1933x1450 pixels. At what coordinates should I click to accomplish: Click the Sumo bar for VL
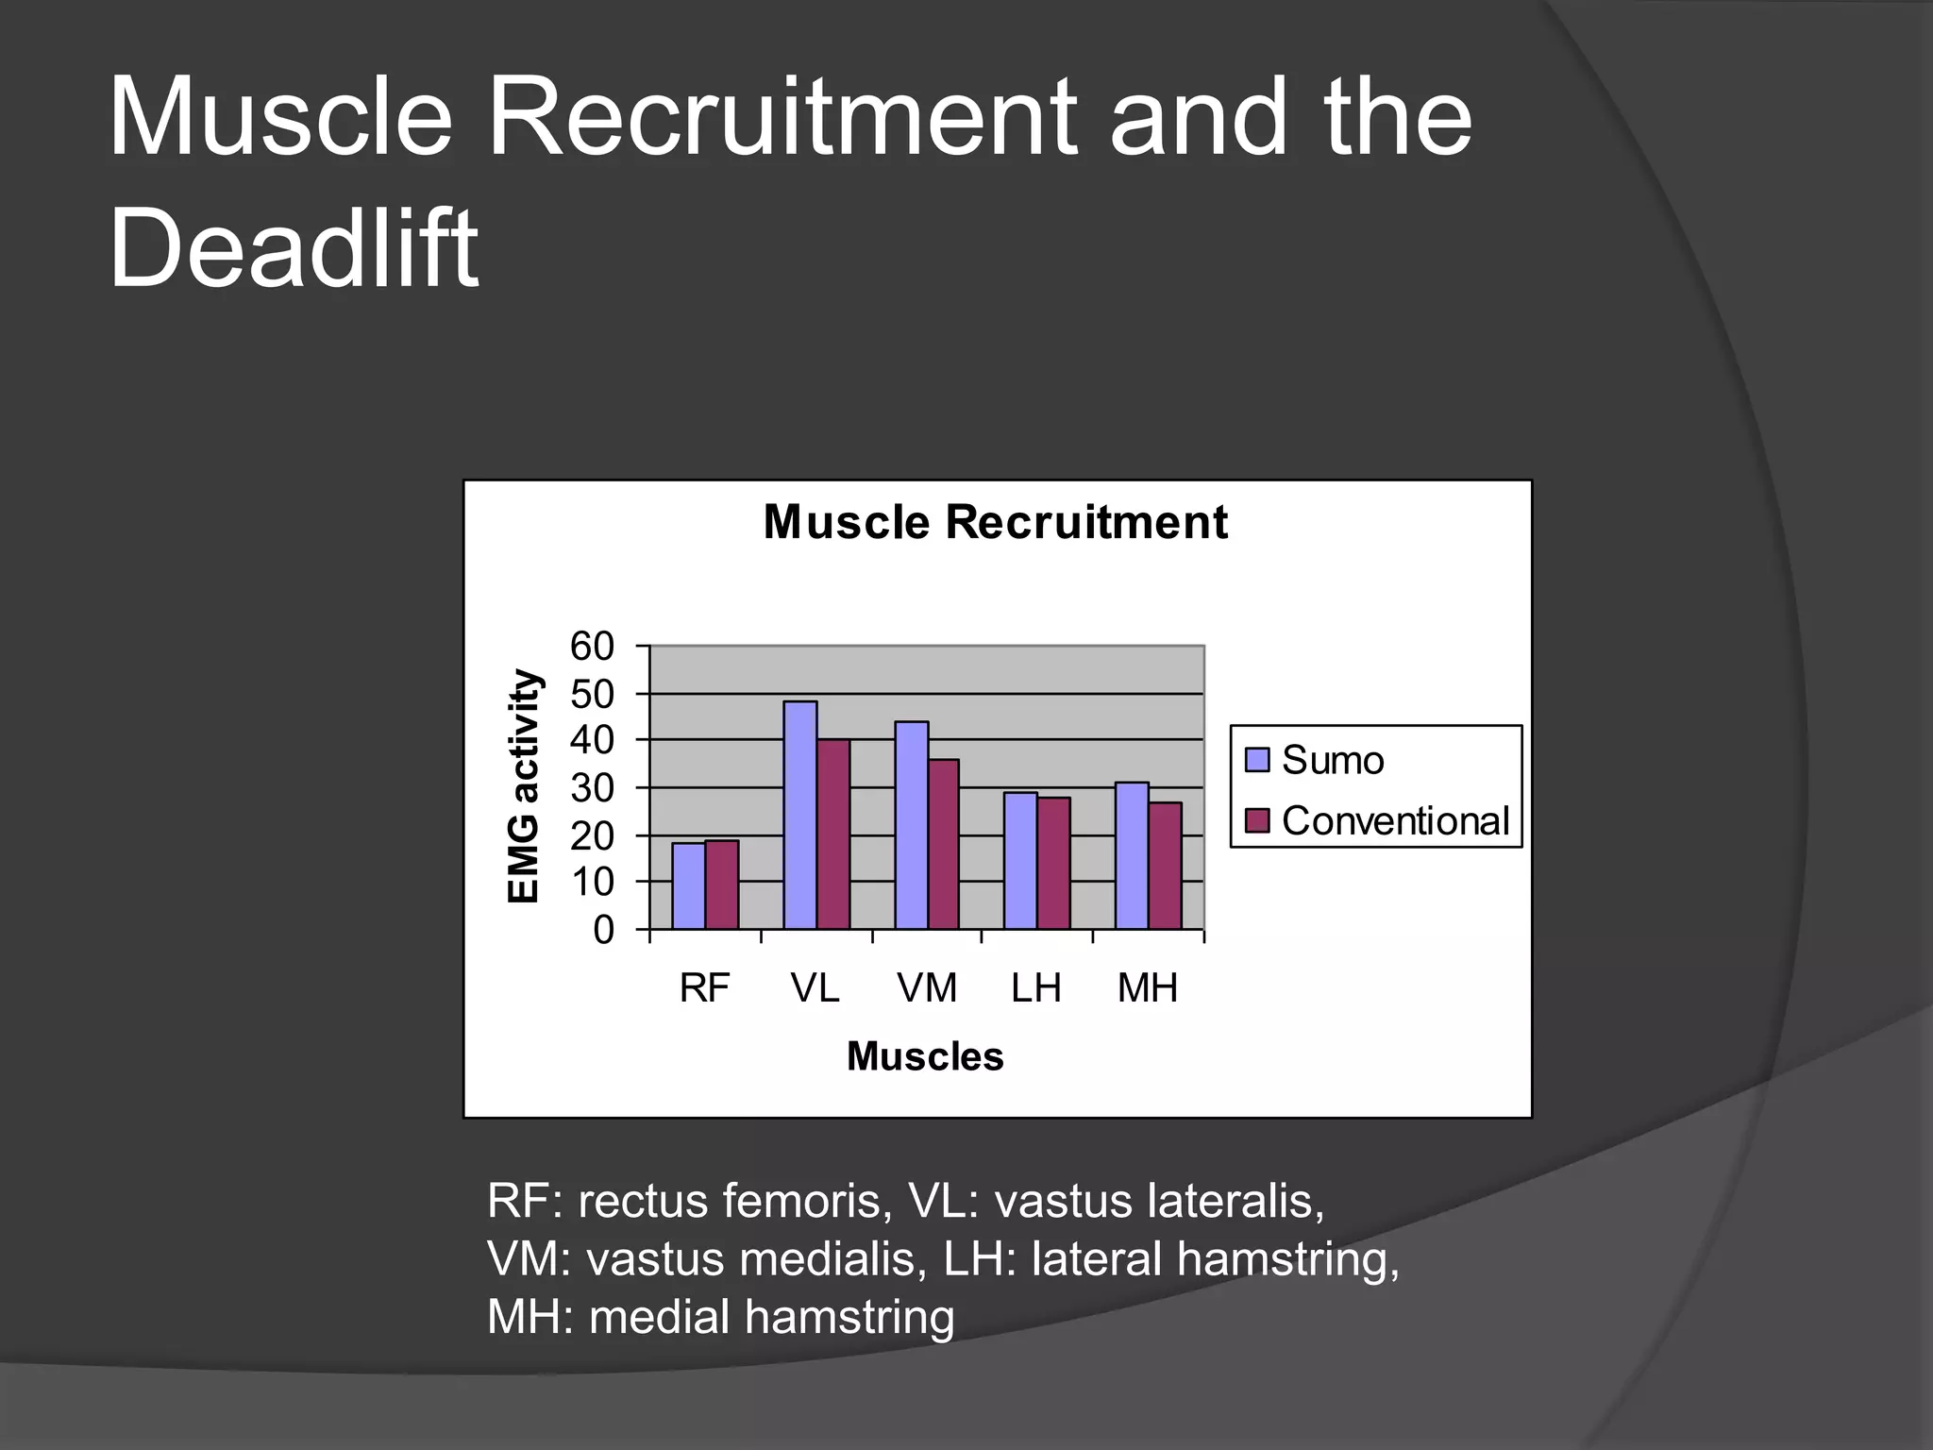(800, 816)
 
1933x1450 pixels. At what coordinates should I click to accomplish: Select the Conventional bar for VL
(833, 835)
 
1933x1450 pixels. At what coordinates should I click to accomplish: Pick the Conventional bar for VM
(944, 844)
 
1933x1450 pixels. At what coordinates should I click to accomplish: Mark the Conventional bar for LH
(1053, 863)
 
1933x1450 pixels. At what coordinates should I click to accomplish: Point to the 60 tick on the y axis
(592, 647)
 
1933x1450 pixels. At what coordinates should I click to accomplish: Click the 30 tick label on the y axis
(592, 788)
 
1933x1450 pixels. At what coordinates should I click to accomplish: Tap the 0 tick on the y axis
(603, 930)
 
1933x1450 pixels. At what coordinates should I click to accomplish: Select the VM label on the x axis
(927, 988)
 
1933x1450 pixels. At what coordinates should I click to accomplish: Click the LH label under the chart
(1036, 988)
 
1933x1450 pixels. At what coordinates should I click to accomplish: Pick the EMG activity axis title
(524, 785)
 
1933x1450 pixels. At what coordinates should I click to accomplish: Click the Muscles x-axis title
(925, 1056)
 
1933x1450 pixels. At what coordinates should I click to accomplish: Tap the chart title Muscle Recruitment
(995, 522)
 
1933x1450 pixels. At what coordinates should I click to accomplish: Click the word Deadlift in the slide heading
(294, 248)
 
